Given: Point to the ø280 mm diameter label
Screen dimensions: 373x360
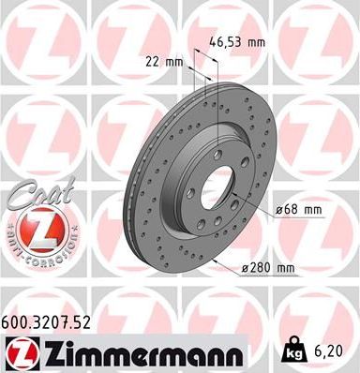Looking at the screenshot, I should [x=267, y=269].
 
